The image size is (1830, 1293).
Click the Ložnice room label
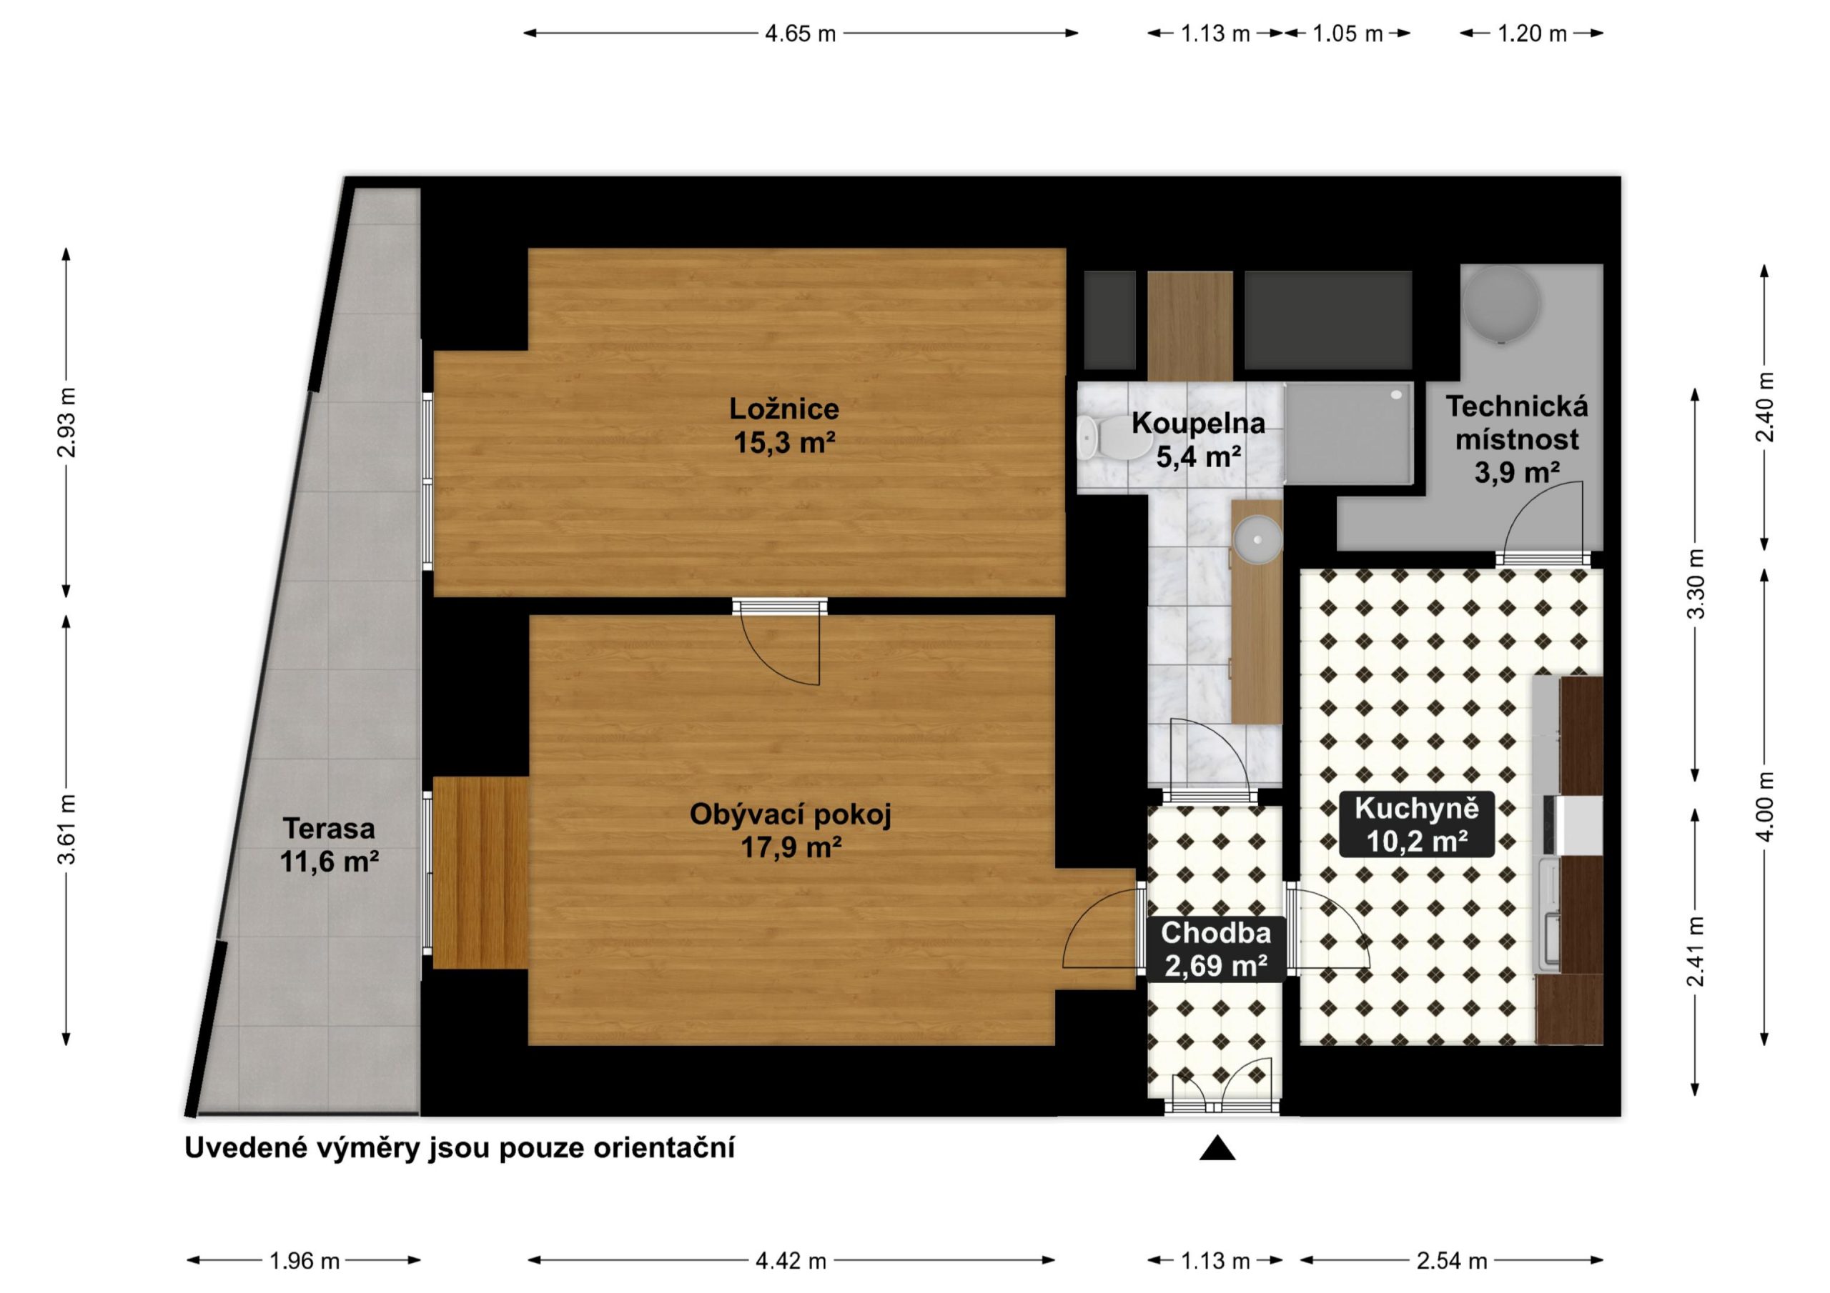784,426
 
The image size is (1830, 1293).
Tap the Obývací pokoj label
791,831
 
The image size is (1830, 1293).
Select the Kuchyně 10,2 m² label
1417,824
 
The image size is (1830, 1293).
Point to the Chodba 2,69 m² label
1215,949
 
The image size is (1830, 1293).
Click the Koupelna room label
1198,439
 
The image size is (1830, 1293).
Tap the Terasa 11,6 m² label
328,844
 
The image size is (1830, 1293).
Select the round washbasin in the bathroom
1257,539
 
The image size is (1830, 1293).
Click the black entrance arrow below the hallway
1217,1148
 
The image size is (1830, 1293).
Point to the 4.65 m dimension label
800,34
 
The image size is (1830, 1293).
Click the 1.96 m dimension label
305,1261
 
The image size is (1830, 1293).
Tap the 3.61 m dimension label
67,829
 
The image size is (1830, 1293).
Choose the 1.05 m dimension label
1347,34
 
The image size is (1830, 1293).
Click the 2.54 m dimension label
1451,1261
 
